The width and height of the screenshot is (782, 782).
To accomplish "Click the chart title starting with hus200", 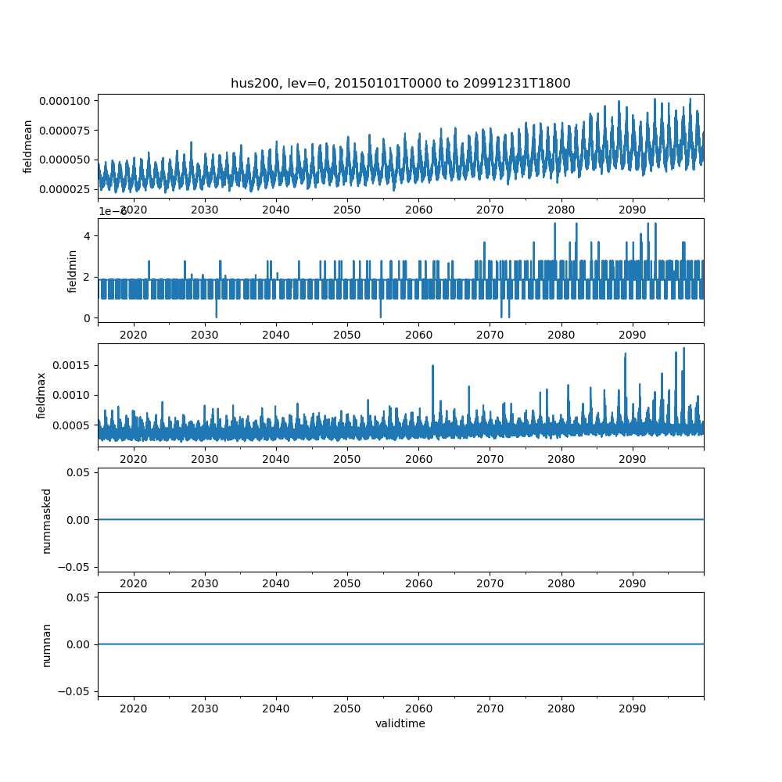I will point(400,83).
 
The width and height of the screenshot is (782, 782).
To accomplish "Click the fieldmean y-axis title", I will point(28,146).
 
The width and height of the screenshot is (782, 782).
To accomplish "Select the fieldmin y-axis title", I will point(73,271).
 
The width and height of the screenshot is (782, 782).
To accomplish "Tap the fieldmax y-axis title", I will point(41,396).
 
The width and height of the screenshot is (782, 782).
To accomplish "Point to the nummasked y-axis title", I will point(46,520).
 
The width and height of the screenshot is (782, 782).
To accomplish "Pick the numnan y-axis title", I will point(46,644).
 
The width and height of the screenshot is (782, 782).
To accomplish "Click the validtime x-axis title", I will point(400,723).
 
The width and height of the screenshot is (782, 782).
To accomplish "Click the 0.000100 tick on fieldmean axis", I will point(67,100).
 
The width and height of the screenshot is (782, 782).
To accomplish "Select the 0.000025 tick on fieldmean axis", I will point(67,189).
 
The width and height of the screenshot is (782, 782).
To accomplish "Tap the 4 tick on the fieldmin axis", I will point(88,236).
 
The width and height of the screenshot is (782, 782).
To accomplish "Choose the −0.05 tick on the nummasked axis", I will point(73,566).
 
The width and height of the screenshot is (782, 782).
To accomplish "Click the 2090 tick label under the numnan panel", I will point(632,708).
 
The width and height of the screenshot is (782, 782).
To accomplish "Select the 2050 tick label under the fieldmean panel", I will point(347,210).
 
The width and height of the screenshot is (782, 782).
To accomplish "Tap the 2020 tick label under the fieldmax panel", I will point(134,459).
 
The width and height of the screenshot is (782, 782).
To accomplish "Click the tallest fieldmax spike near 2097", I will point(683,348).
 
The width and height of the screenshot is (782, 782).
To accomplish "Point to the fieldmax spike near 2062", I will point(432,365).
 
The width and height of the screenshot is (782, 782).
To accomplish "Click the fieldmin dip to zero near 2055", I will point(381,317).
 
